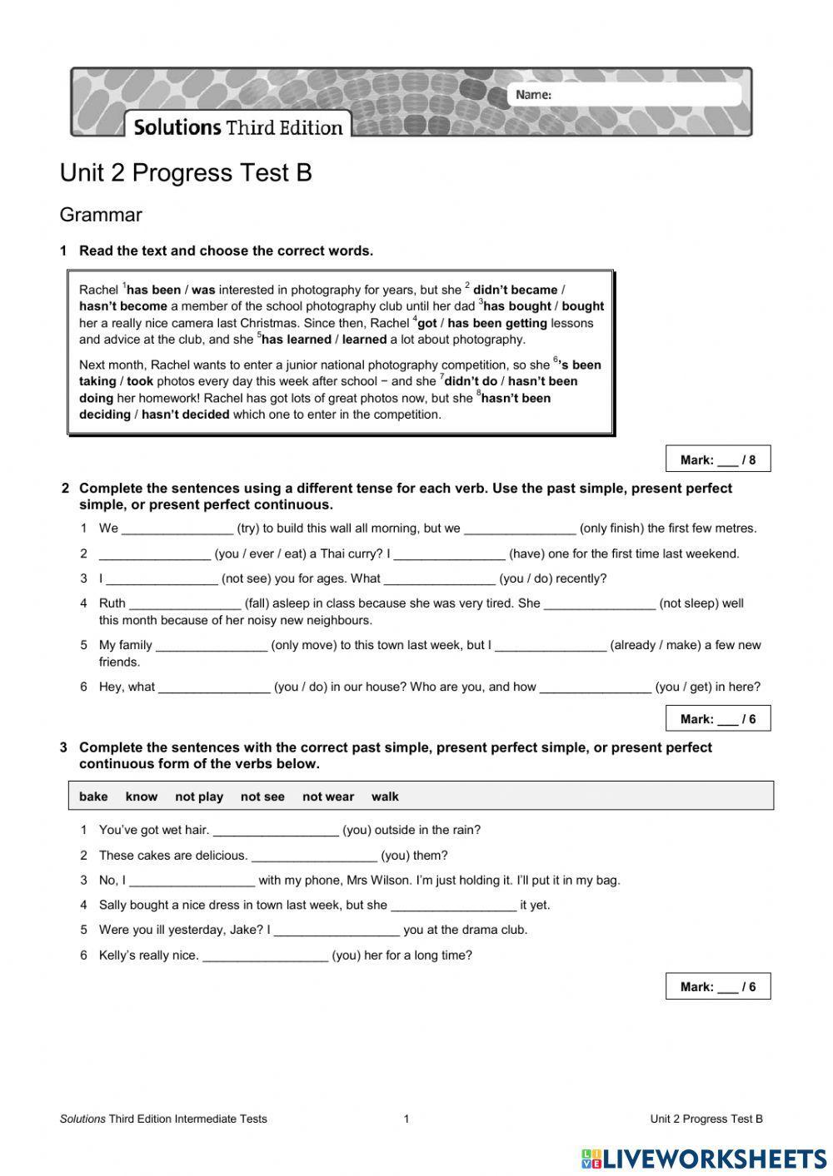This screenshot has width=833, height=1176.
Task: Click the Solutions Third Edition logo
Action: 238,127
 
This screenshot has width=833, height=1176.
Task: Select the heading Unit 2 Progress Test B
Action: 186,173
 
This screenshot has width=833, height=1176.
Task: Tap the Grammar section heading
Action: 101,215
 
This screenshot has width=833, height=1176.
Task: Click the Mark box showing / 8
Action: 718,459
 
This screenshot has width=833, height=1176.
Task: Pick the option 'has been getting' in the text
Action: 497,323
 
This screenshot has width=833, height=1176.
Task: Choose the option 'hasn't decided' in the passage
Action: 185,414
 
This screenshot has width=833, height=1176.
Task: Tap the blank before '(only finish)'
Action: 520,528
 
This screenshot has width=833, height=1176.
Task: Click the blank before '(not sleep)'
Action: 599,603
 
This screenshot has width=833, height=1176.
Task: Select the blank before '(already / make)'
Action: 551,645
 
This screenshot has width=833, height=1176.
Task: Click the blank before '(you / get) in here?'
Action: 595,687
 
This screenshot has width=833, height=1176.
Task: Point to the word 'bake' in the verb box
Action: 93,796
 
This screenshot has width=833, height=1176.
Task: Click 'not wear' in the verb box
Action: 328,796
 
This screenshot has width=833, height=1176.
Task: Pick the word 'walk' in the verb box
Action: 385,796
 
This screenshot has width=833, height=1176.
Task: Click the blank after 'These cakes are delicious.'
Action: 314,856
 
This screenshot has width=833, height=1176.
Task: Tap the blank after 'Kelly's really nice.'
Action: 265,955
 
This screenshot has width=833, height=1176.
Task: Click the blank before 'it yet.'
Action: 453,906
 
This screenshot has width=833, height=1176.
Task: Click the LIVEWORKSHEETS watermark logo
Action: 704,1159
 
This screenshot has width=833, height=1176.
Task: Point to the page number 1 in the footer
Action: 407,1119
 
